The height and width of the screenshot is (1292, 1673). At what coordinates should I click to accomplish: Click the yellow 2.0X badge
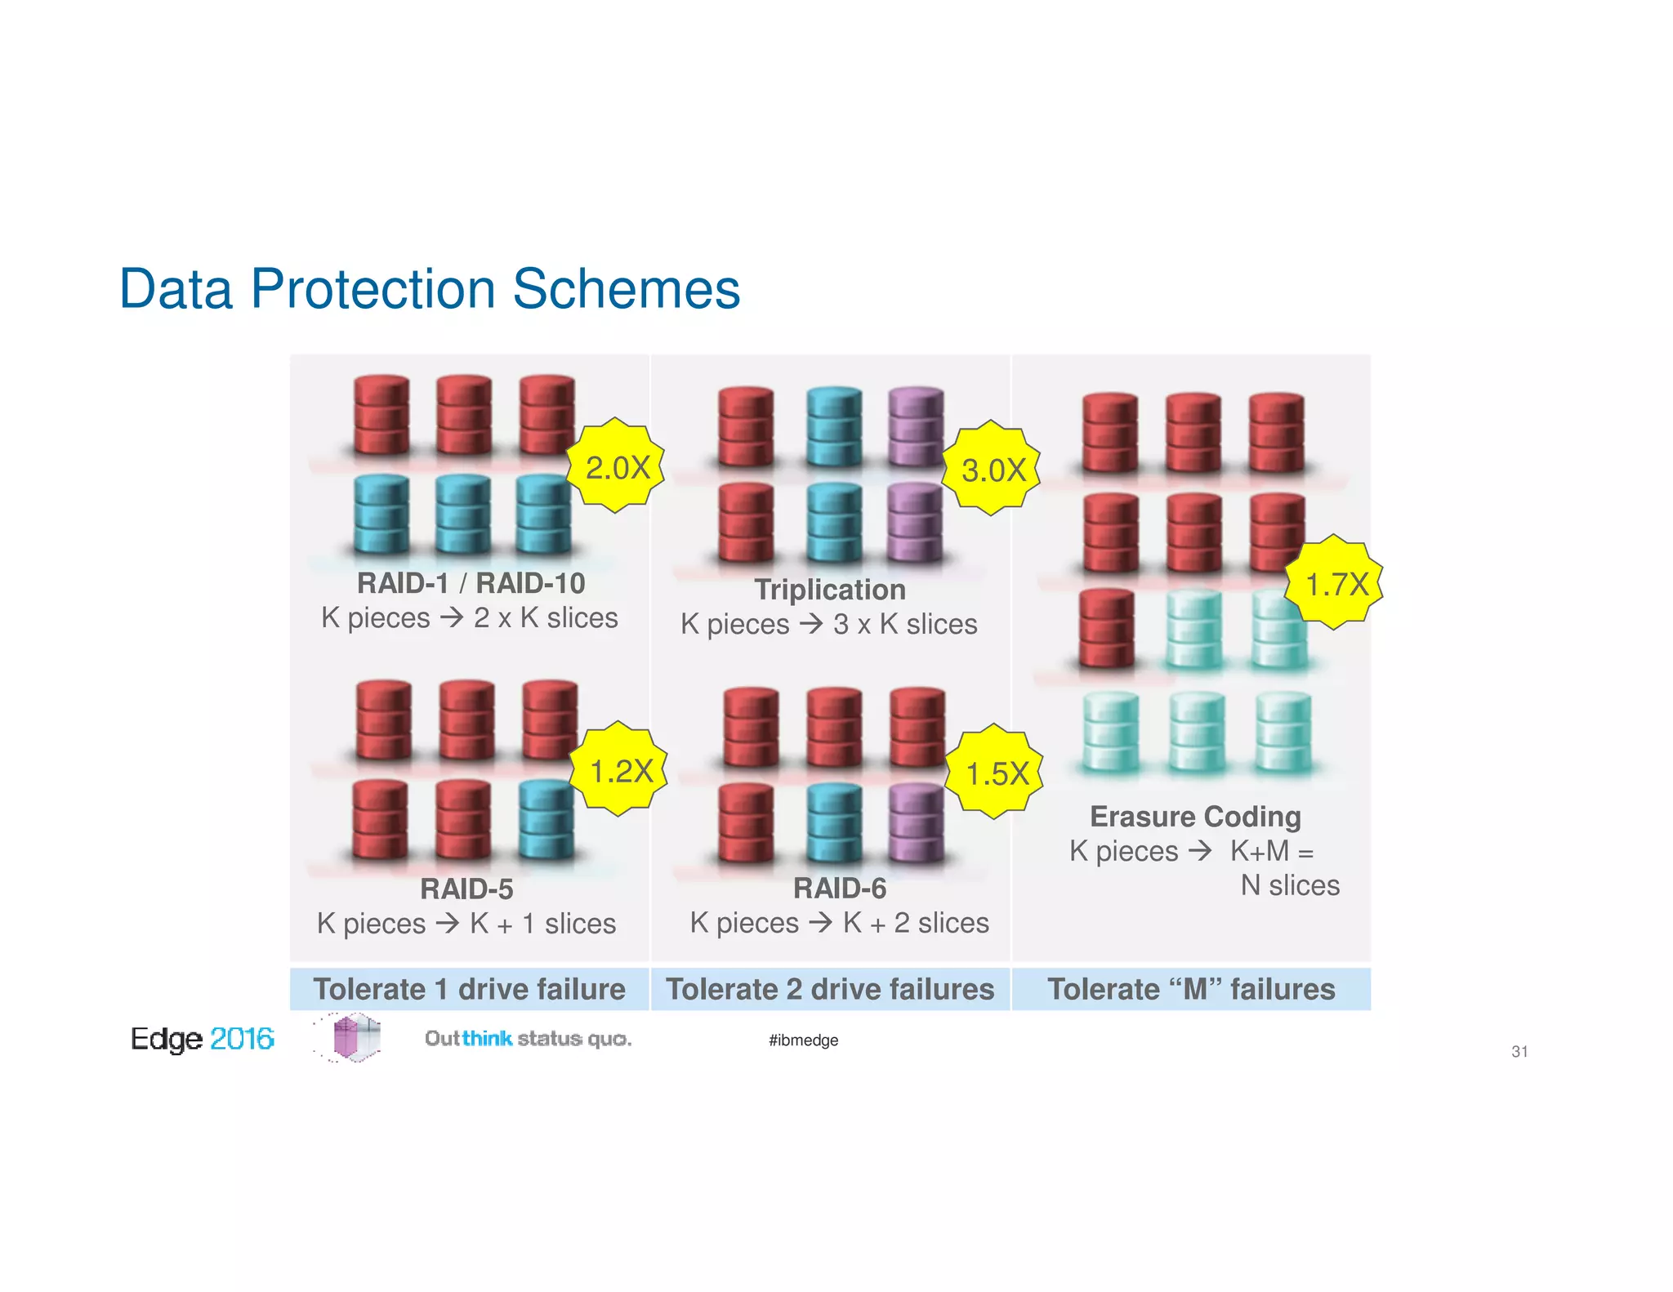pos(616,466)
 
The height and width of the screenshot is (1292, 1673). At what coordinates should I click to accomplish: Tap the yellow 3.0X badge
pos(992,469)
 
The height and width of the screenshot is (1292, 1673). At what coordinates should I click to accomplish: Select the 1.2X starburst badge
pos(619,769)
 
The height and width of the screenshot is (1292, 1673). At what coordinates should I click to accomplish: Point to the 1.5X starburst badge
pos(995,772)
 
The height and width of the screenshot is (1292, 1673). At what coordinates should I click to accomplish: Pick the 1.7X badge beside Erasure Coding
pos(1335,583)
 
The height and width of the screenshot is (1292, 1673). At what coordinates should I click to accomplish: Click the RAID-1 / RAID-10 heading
pos(471,583)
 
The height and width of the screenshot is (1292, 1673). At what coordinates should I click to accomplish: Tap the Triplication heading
pos(829,589)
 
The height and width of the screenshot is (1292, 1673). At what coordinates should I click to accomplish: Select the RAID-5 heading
pos(466,889)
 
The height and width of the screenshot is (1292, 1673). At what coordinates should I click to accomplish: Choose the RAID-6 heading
pos(840,888)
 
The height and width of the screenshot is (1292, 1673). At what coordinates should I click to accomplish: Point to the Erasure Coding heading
pos(1195,816)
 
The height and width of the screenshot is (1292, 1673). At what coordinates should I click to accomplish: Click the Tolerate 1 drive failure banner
pos(469,989)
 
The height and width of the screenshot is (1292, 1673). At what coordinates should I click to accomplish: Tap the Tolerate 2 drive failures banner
pos(830,989)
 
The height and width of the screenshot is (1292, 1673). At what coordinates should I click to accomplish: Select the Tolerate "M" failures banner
pos(1191,989)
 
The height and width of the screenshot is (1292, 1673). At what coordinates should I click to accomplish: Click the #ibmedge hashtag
pos(803,1040)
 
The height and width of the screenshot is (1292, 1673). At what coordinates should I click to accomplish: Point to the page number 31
pos(1519,1051)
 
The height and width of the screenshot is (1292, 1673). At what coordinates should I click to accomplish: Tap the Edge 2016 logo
pos(202,1038)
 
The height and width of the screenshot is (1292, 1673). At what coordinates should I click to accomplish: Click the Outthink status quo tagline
pos(528,1038)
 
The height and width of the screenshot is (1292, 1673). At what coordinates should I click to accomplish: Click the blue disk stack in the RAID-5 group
pos(546,819)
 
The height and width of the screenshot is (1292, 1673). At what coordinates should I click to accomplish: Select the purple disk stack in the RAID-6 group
pos(916,822)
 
